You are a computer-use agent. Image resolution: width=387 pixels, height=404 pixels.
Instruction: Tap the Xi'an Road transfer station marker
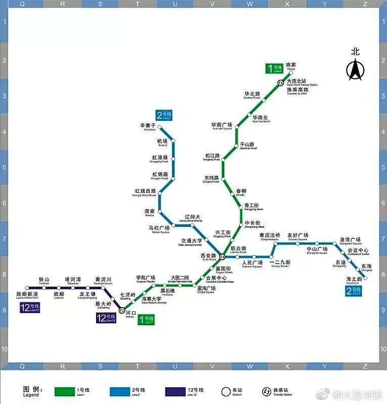(222, 258)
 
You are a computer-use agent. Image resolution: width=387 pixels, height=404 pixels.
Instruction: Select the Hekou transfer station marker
(122, 311)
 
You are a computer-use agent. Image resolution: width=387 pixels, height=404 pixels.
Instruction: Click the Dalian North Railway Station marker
(280, 83)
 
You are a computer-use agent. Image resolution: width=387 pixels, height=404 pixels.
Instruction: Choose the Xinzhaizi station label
(149, 126)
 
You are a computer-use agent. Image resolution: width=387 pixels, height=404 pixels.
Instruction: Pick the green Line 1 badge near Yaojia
(275, 68)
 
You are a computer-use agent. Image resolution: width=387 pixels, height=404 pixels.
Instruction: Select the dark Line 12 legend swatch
(179, 391)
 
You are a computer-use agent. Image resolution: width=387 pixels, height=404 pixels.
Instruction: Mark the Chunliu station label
(241, 192)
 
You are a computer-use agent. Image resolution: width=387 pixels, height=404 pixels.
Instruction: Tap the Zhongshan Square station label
(317, 250)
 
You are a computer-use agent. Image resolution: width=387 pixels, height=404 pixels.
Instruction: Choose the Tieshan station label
(44, 281)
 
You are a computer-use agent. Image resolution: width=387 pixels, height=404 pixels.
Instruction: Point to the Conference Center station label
(358, 251)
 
